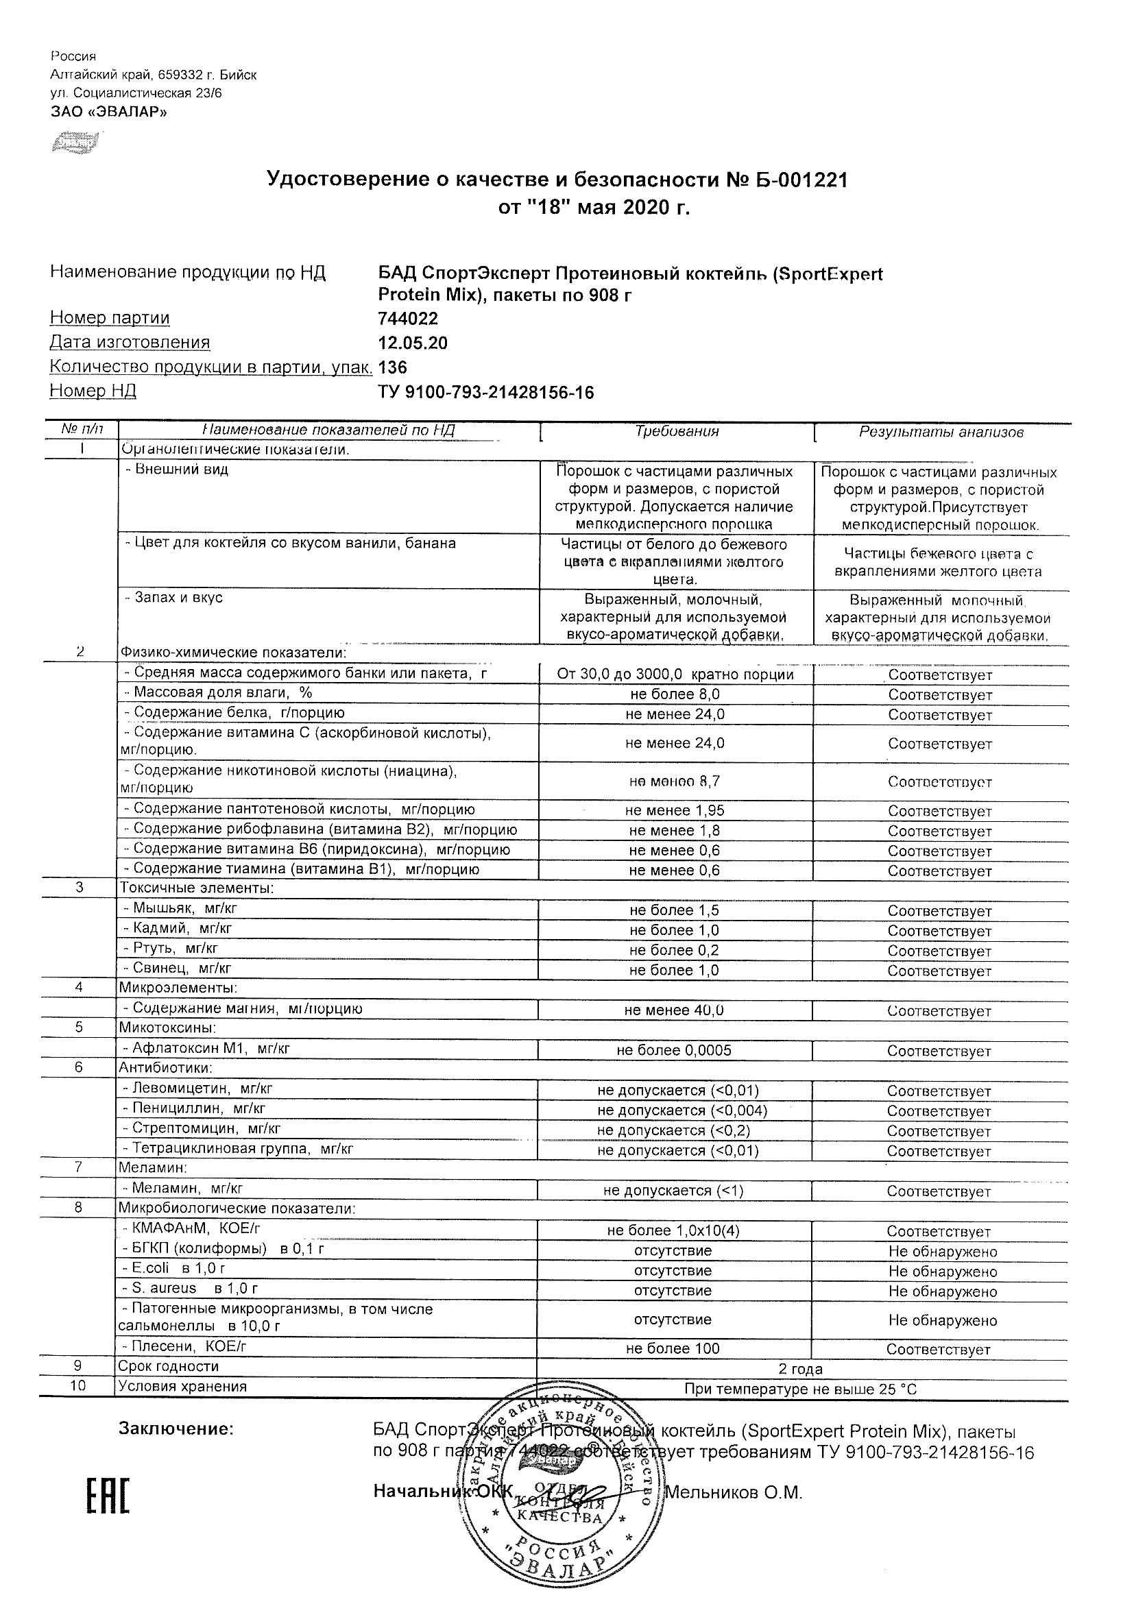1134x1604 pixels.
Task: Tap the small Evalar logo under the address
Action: point(75,143)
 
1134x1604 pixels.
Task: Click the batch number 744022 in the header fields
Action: point(408,319)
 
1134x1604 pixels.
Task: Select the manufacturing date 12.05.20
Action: point(412,343)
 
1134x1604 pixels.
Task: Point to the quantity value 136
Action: point(392,367)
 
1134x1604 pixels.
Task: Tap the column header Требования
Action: point(676,432)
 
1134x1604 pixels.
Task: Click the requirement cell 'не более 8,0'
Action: point(674,694)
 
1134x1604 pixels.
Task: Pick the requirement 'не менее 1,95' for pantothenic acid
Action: point(674,811)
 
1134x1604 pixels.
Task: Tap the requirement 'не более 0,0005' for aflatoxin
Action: point(673,1051)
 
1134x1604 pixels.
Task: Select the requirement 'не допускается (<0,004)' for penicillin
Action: point(682,1110)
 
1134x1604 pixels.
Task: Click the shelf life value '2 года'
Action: point(800,1370)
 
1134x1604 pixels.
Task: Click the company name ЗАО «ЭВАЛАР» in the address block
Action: point(109,112)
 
